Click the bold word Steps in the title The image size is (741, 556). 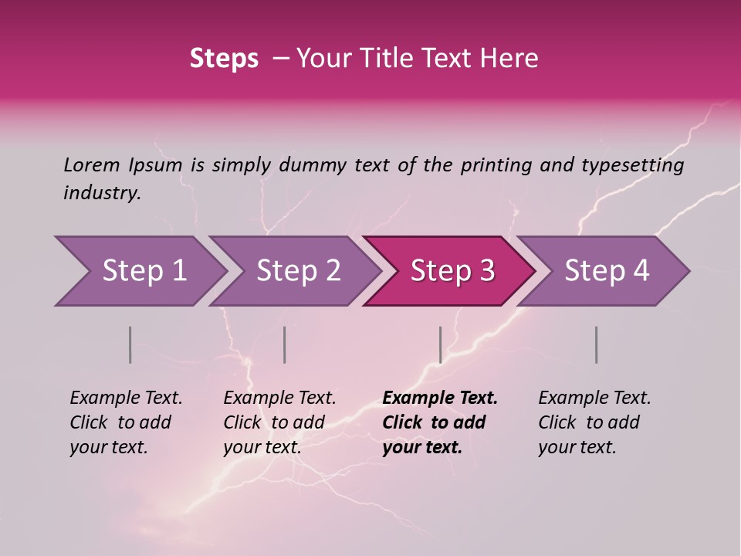pyautogui.click(x=224, y=59)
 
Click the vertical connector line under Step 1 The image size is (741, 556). pyautogui.click(x=130, y=344)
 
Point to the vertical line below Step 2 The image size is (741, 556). pyautogui.click(x=285, y=344)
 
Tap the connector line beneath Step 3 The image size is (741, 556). pyautogui.click(x=440, y=344)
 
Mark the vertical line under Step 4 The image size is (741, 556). pyautogui.click(x=596, y=344)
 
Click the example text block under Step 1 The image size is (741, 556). pyautogui.click(x=126, y=422)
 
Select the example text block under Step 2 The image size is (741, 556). pyautogui.click(x=279, y=422)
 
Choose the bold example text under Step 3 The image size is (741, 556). pyautogui.click(x=439, y=422)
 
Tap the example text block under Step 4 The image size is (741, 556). pyautogui.click(x=594, y=422)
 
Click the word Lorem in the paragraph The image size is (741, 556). pyautogui.click(x=92, y=164)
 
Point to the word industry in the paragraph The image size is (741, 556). pyautogui.click(x=102, y=193)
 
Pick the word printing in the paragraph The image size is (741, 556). pyautogui.click(x=492, y=165)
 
